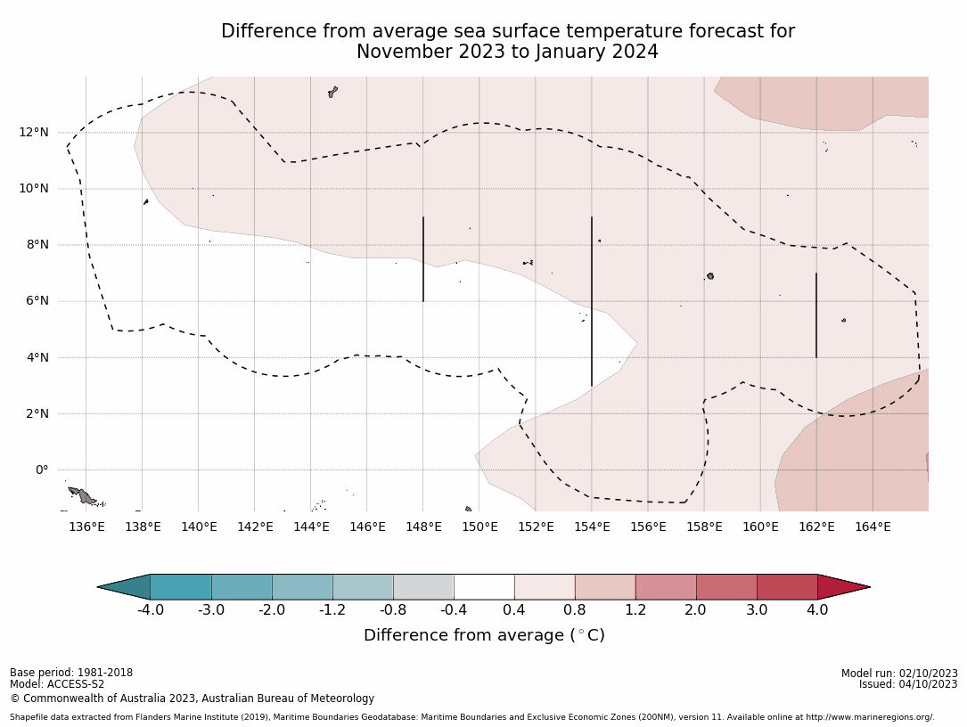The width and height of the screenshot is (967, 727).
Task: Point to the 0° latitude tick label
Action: [x=41, y=470]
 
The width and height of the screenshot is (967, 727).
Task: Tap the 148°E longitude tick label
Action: [x=423, y=527]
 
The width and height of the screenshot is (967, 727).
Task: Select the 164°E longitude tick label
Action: [x=873, y=527]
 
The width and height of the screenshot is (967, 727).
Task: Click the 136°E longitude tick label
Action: [x=86, y=527]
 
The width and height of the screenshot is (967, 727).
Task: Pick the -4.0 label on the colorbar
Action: [x=151, y=610]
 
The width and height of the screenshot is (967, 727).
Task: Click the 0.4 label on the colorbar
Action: [x=514, y=610]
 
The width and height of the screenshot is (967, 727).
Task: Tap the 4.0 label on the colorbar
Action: [x=817, y=610]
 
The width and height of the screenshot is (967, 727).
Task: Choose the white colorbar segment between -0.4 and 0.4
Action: [x=484, y=587]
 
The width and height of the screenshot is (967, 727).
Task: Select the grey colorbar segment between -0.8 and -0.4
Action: [x=423, y=587]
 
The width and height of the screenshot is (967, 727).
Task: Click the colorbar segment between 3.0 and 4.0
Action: [x=787, y=587]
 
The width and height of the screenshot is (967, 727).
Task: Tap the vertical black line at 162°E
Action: [x=816, y=315]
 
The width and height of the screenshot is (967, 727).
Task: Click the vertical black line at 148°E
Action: [x=423, y=258]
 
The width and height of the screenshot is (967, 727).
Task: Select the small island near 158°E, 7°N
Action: [x=710, y=276]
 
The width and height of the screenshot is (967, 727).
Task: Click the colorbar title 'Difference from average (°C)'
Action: [x=484, y=635]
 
